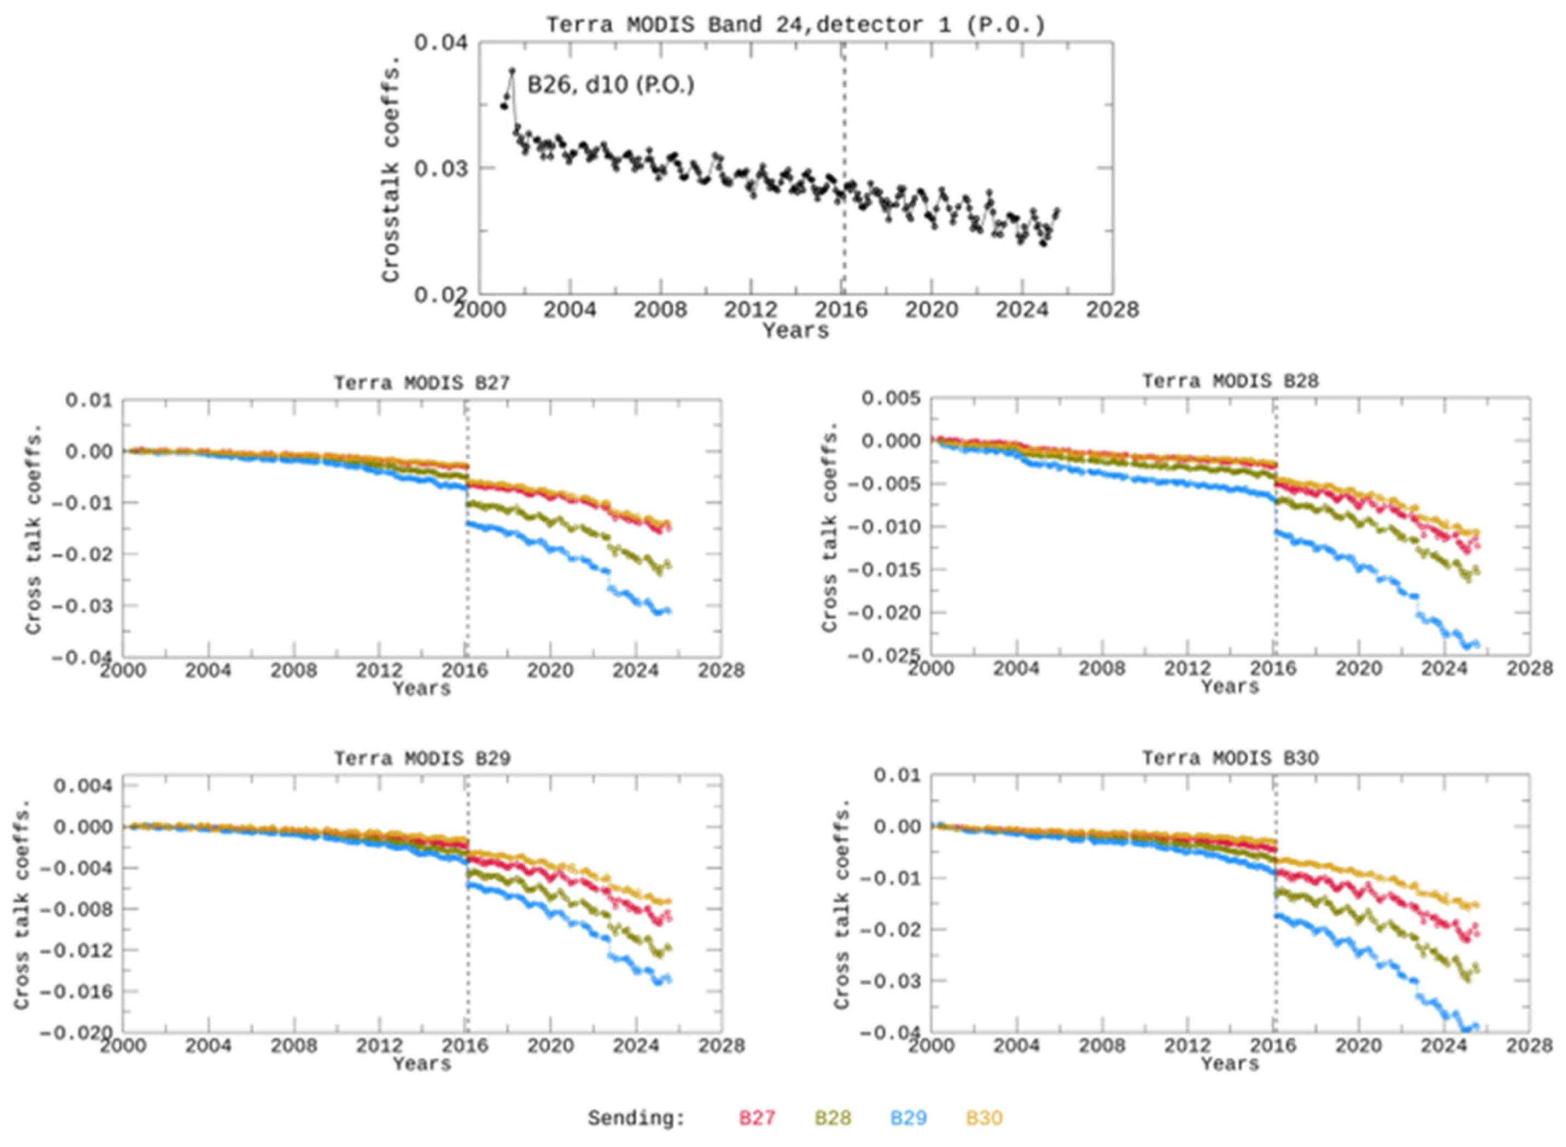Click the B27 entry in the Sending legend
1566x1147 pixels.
point(756,1118)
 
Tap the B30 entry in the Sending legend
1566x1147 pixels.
point(984,1118)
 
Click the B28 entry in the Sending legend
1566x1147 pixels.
point(833,1118)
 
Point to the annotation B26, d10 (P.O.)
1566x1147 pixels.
point(610,85)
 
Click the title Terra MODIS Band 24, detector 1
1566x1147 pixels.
point(795,25)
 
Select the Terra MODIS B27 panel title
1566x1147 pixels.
point(422,383)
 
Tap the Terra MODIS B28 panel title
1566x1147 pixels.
point(1230,381)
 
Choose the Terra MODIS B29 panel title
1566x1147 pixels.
point(422,758)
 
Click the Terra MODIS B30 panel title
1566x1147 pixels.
point(1230,758)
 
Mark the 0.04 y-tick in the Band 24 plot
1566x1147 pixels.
point(441,43)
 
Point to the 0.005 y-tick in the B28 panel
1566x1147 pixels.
point(891,399)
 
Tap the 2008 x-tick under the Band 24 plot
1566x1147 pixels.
point(660,311)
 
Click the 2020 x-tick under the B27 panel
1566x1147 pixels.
point(551,671)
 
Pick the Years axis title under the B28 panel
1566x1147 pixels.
point(1230,687)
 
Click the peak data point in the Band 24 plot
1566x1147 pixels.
point(513,70)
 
